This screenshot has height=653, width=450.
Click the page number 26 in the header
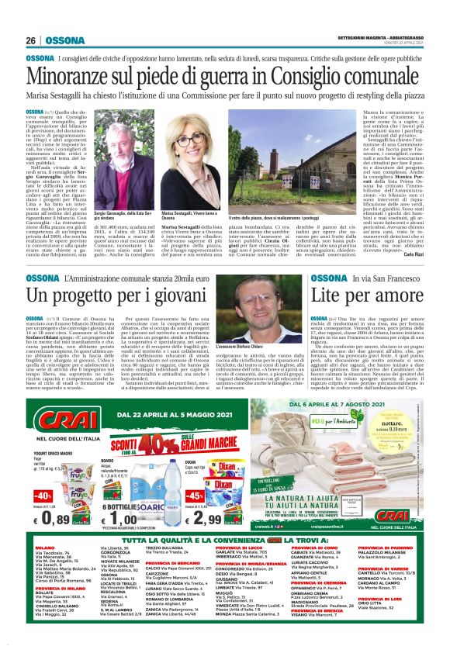click(x=31, y=40)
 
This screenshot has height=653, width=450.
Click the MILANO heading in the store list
click(x=45, y=548)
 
